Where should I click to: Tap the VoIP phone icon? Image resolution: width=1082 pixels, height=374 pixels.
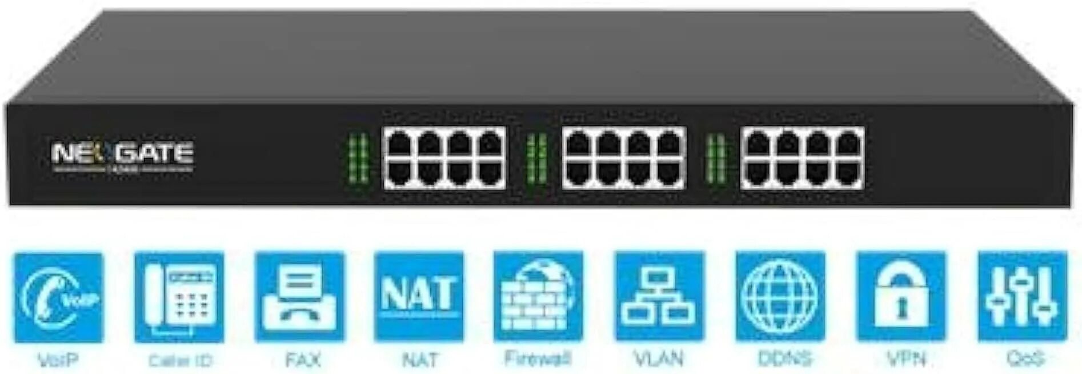[58, 297]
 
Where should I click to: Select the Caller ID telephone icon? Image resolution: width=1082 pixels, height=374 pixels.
[179, 297]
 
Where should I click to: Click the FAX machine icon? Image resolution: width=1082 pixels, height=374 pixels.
[300, 297]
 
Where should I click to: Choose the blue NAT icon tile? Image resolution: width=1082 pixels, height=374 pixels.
[419, 296]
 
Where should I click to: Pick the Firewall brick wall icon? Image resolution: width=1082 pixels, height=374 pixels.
[538, 296]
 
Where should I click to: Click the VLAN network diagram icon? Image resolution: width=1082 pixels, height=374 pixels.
[659, 296]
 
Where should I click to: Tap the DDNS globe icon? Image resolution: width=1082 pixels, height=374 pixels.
[780, 296]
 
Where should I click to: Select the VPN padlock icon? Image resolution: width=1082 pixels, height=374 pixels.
[901, 296]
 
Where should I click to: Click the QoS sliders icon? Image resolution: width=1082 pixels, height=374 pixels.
[1023, 296]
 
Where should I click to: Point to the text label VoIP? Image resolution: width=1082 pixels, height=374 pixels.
[58, 360]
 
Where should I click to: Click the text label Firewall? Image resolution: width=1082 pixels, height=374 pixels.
[538, 359]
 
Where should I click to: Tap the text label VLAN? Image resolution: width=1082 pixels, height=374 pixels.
[659, 359]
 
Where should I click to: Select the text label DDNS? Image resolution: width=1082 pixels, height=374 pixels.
[784, 359]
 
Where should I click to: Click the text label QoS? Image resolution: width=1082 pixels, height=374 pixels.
[1025, 359]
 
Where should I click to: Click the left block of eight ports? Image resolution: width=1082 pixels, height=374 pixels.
[444, 158]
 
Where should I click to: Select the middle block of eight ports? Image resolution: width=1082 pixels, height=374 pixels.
[624, 158]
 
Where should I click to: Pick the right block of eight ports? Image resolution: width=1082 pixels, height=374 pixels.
[802, 158]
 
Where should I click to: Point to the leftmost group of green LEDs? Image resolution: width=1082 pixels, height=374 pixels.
[358, 159]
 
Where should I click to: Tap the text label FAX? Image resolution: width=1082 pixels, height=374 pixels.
[303, 360]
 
